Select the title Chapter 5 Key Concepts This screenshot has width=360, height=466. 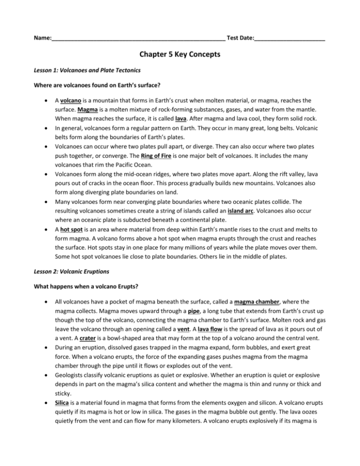coord(180,55)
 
